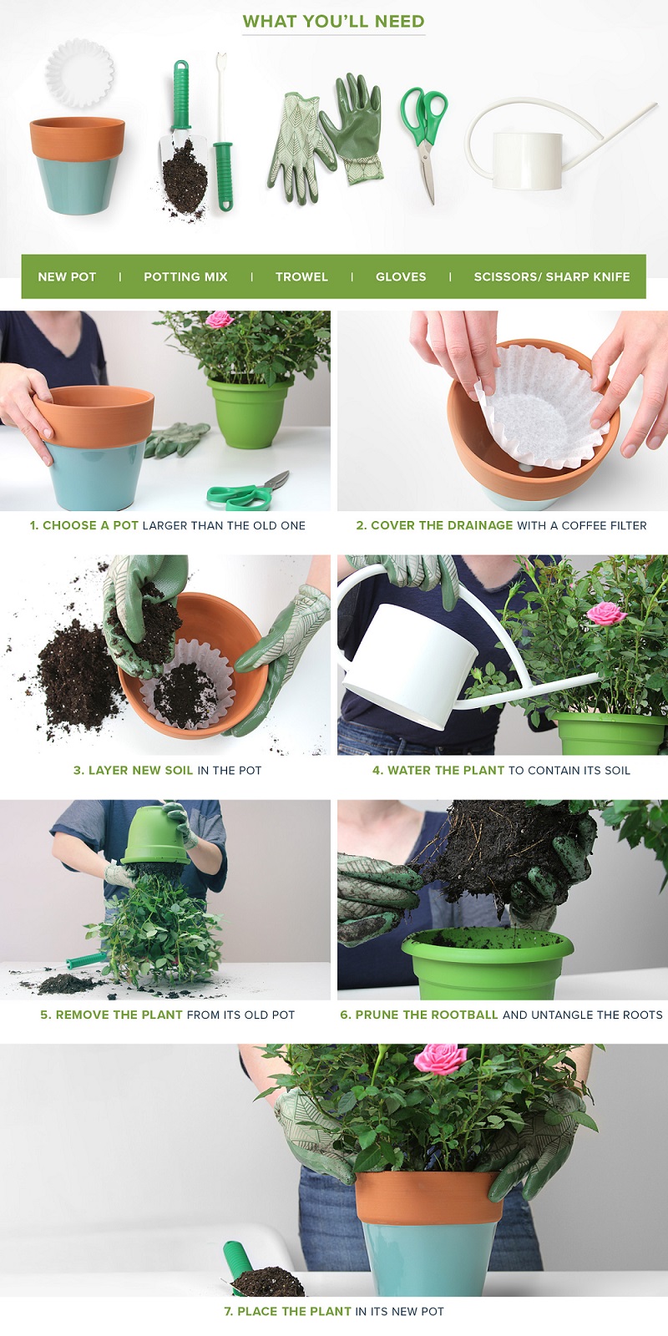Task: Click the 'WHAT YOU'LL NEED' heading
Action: pyautogui.click(x=333, y=22)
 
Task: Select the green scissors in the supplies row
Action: pyautogui.click(x=425, y=143)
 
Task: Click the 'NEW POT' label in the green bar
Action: pyautogui.click(x=67, y=276)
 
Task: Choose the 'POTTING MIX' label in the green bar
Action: pyautogui.click(x=185, y=276)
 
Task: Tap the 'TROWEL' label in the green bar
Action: pyautogui.click(x=301, y=276)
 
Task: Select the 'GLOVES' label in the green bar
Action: pyautogui.click(x=401, y=276)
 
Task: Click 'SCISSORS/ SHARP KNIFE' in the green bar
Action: pyautogui.click(x=552, y=276)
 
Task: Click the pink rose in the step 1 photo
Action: pyautogui.click(x=220, y=319)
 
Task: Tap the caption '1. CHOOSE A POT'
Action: pyautogui.click(x=84, y=525)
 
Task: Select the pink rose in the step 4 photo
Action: pyautogui.click(x=606, y=613)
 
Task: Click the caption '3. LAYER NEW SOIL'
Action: pyautogui.click(x=133, y=770)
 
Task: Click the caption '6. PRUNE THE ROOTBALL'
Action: pyautogui.click(x=418, y=1015)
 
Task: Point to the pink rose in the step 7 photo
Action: pyautogui.click(x=440, y=1060)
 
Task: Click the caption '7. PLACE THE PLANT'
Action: pyautogui.click(x=287, y=1311)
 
